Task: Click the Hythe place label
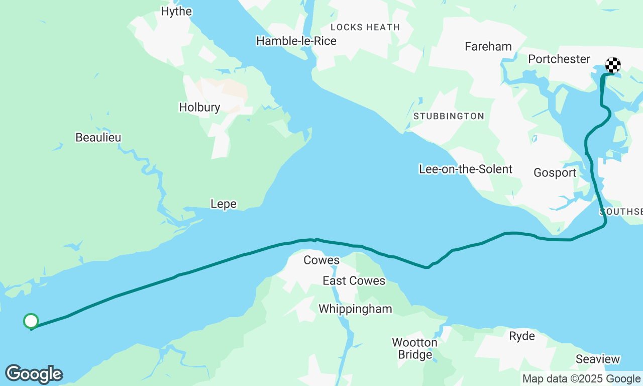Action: point(176,11)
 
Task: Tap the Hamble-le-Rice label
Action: point(296,41)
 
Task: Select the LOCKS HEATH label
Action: point(365,27)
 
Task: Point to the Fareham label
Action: point(488,46)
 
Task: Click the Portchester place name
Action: point(559,59)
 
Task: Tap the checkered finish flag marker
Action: point(613,65)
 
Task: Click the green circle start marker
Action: point(31,321)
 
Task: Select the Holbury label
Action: point(199,107)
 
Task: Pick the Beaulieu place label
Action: point(98,137)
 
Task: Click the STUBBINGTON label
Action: point(449,116)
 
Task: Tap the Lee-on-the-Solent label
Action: point(466,169)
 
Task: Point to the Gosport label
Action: point(555,172)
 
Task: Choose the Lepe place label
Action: point(224,204)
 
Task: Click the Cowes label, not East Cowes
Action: point(321,260)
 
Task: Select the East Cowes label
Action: point(354,280)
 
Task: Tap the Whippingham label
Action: point(355,309)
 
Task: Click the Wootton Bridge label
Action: point(414,348)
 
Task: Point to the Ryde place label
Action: point(522,336)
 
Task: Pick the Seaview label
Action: point(598,359)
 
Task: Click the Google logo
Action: point(34,374)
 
